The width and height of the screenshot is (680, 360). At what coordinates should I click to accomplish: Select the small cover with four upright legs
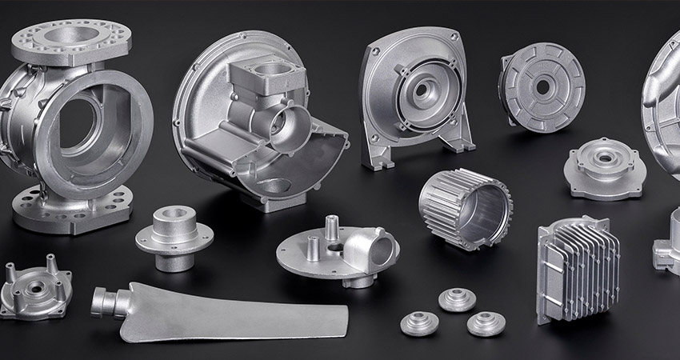pyautogui.click(x=36, y=287)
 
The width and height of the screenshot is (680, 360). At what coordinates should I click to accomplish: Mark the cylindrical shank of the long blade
pyautogui.click(x=107, y=303)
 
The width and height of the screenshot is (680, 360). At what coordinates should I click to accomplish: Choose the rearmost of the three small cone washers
pyautogui.click(x=457, y=299)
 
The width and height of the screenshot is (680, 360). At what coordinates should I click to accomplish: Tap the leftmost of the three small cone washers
pyautogui.click(x=419, y=323)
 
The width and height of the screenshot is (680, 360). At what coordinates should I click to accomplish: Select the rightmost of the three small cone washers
pyautogui.click(x=486, y=323)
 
